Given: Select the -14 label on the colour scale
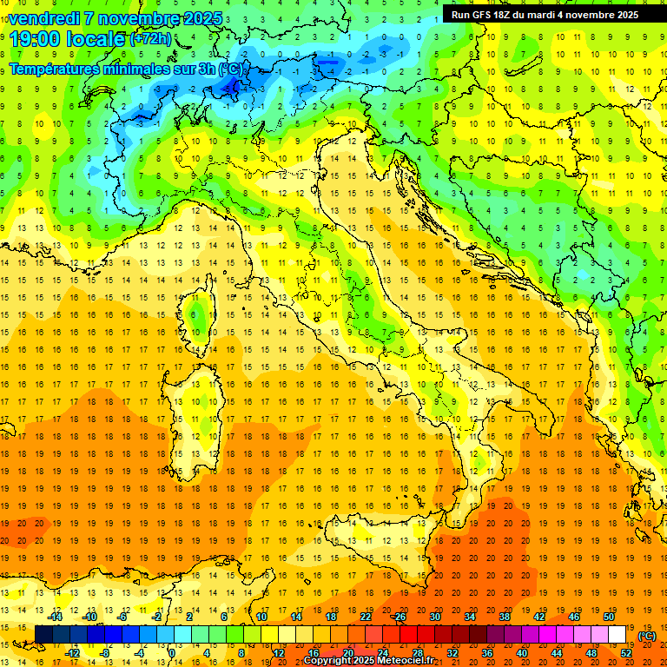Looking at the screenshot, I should [56, 617].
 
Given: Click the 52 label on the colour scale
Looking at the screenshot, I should [626, 652].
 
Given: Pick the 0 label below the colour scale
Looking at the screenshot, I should [172, 652].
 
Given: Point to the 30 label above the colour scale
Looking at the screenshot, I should [435, 617].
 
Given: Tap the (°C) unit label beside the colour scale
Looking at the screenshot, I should [647, 636].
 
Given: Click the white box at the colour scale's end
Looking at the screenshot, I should [617, 635].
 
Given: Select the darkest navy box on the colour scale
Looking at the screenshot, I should [43, 635].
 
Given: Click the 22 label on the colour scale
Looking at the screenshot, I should [366, 617].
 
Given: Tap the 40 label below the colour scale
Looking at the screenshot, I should [522, 652].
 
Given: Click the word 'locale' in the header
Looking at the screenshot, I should [98, 39].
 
